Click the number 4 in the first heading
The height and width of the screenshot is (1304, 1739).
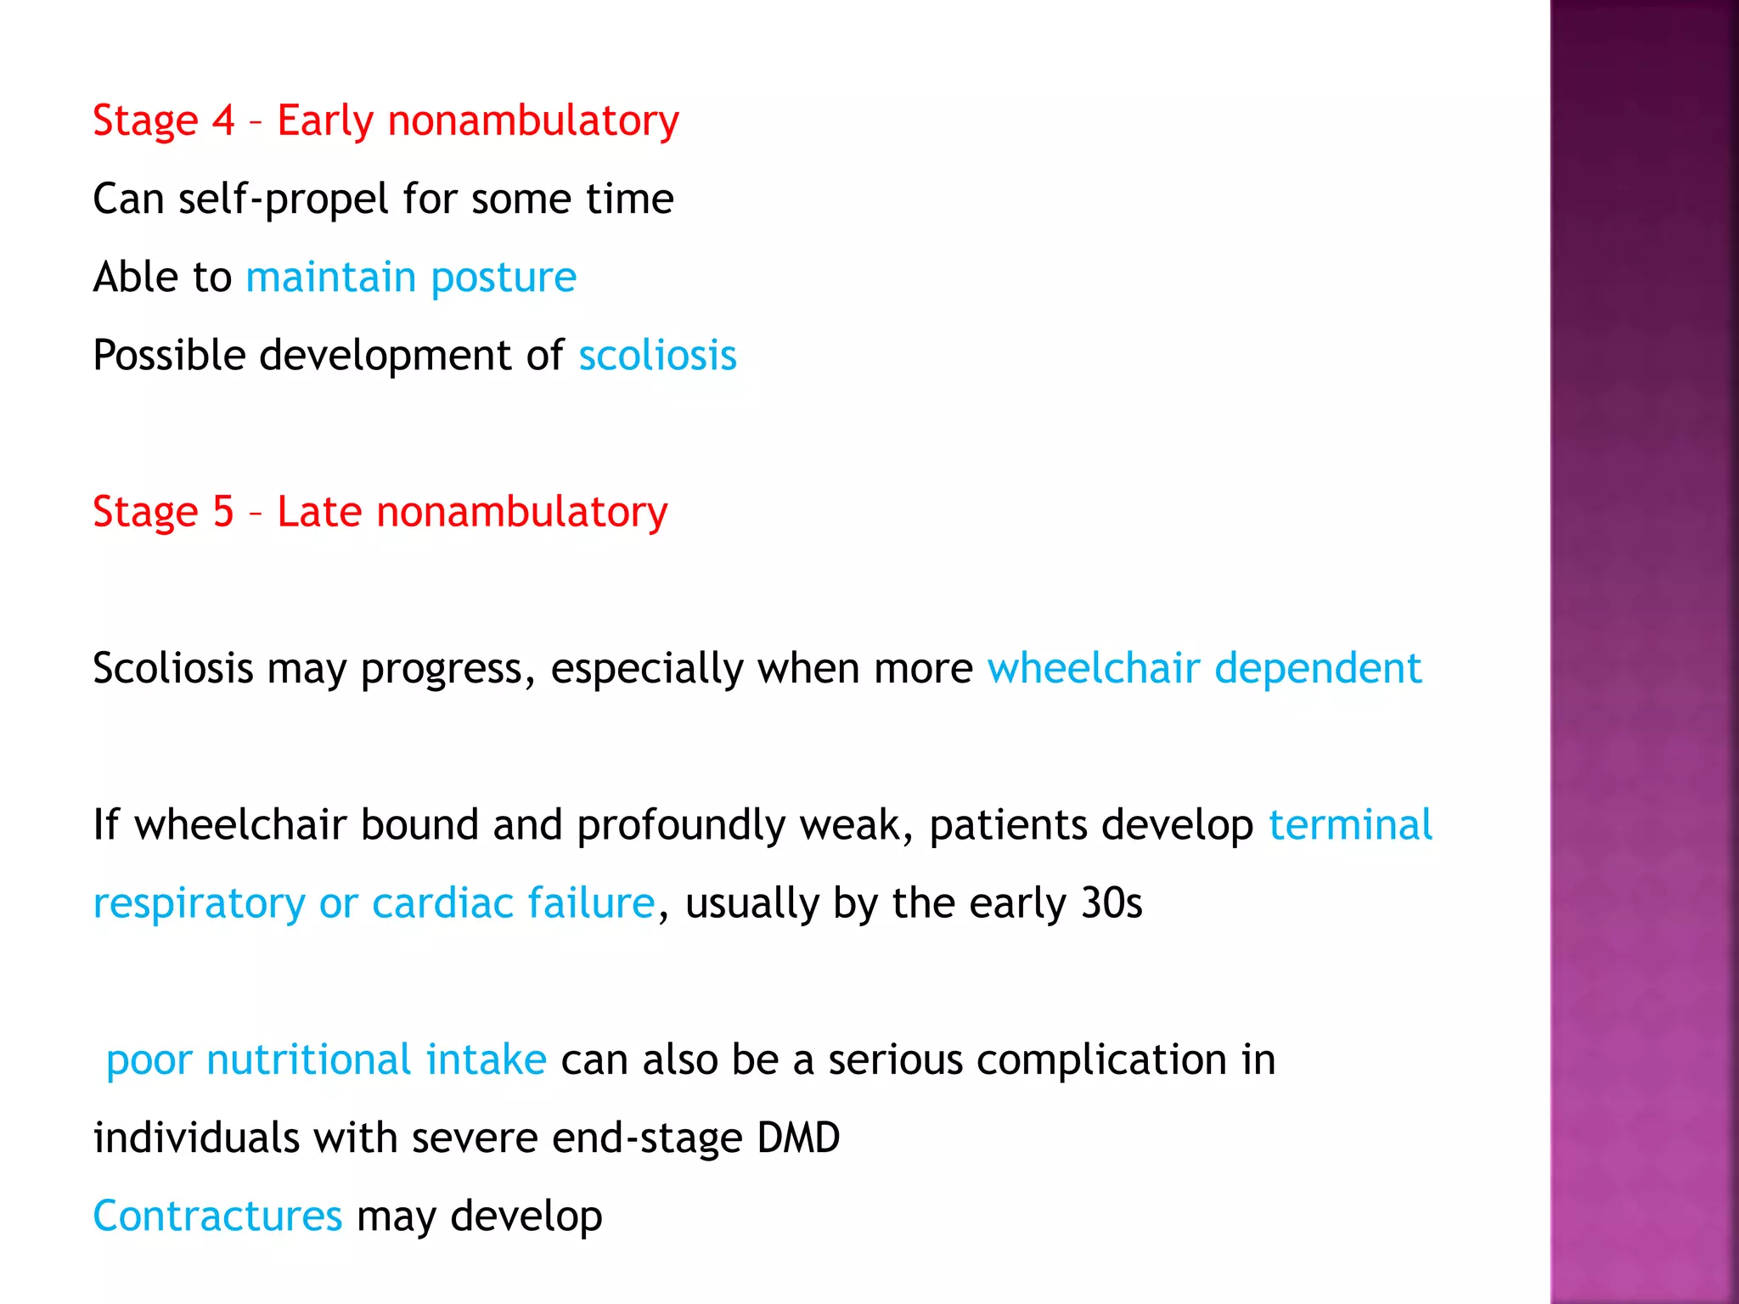tap(223, 121)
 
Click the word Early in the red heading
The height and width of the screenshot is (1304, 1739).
tap(325, 121)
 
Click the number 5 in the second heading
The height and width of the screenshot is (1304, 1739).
tap(223, 512)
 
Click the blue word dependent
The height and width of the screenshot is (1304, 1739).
tap(1318, 668)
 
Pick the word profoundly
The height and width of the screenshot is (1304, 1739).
tap(681, 826)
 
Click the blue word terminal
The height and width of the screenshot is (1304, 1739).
tap(1350, 825)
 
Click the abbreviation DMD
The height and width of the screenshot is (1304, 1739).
tap(797, 1138)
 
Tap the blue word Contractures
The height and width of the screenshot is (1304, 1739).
tap(217, 1217)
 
